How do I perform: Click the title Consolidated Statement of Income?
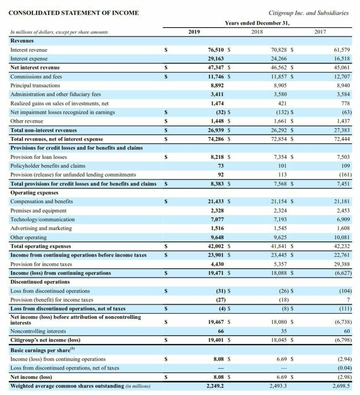pyautogui.click(x=74, y=13)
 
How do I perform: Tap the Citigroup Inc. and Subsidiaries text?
pyautogui.click(x=308, y=13)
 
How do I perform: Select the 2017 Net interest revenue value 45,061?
pyautogui.click(x=342, y=67)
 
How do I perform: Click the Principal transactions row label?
pyautogui.click(x=35, y=86)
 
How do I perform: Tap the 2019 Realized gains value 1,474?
pyautogui.click(x=217, y=103)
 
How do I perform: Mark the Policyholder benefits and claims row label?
pyautogui.click(x=48, y=166)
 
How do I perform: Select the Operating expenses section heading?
pyautogui.click(x=34, y=193)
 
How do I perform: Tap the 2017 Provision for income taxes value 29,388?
pyautogui.click(x=342, y=264)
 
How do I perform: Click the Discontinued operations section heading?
pyautogui.click(x=40, y=282)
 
